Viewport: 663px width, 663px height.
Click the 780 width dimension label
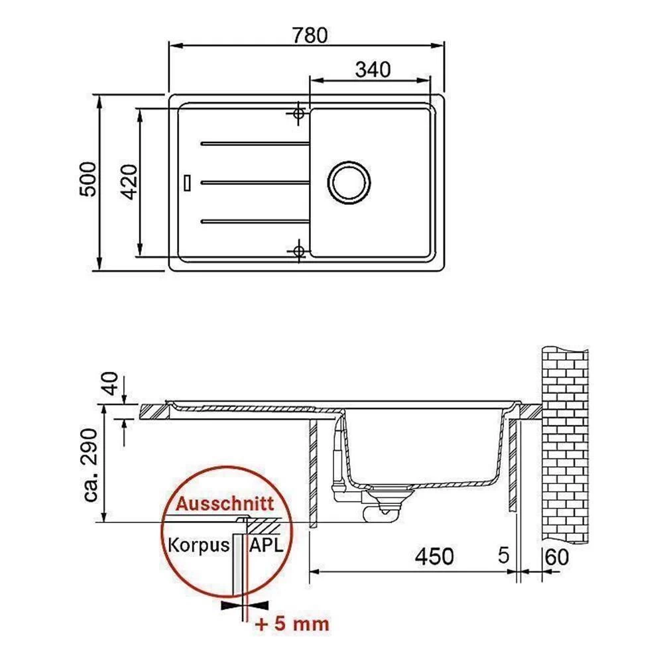point(310,35)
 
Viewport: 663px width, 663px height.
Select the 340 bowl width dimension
point(373,70)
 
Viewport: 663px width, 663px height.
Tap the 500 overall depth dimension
point(88,179)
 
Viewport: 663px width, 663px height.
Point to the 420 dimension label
point(130,182)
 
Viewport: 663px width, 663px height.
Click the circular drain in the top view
point(349,182)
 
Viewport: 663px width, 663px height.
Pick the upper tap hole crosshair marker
point(298,113)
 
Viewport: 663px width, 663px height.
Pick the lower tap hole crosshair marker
point(298,251)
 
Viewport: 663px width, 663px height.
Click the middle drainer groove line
point(255,183)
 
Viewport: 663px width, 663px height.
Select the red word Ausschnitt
point(225,504)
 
